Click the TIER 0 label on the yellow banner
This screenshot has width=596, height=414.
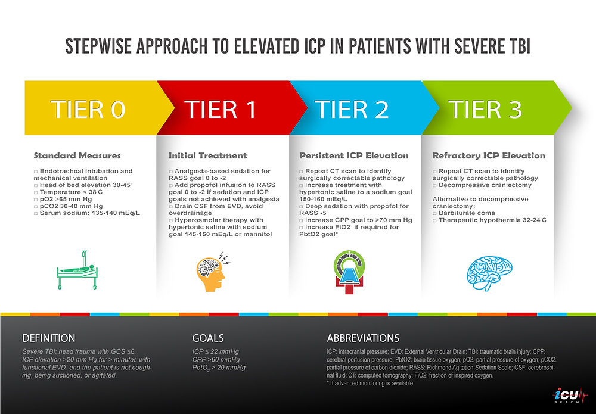(x=89, y=110)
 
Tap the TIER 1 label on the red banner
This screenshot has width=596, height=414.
(x=220, y=110)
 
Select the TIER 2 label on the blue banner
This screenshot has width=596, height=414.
(x=352, y=110)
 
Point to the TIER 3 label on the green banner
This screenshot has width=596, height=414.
(x=485, y=110)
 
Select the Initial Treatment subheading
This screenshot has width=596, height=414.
(x=207, y=156)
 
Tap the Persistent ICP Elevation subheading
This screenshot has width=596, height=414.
(x=353, y=156)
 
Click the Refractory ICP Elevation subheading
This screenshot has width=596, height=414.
(x=488, y=156)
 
